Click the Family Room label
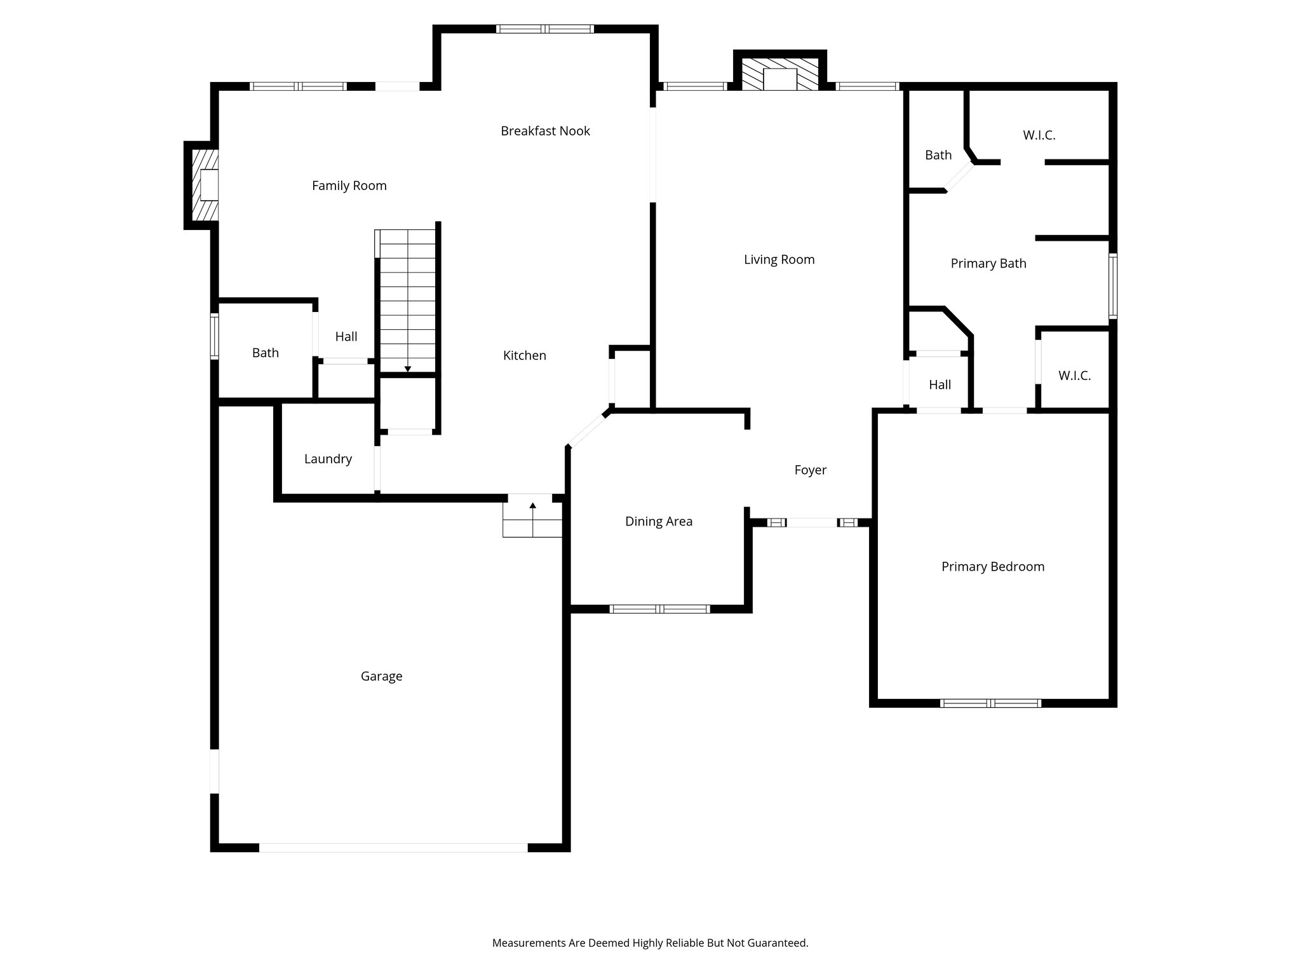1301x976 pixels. [349, 186]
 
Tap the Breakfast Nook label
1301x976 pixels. [545, 131]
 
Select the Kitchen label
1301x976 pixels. [524, 355]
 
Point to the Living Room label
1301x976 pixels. [779, 259]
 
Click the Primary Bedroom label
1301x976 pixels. [992, 567]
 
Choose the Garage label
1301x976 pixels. [381, 676]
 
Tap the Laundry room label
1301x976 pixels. [328, 459]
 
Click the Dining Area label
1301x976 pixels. [658, 522]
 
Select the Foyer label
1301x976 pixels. [810, 470]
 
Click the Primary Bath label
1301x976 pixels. [988, 264]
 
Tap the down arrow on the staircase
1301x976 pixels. [408, 368]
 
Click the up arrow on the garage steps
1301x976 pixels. [532, 506]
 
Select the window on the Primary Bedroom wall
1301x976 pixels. [990, 703]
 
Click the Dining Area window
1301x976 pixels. [659, 609]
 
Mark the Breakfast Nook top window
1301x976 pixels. [544, 29]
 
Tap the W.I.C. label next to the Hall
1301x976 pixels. [1074, 376]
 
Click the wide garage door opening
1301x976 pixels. [393, 848]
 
